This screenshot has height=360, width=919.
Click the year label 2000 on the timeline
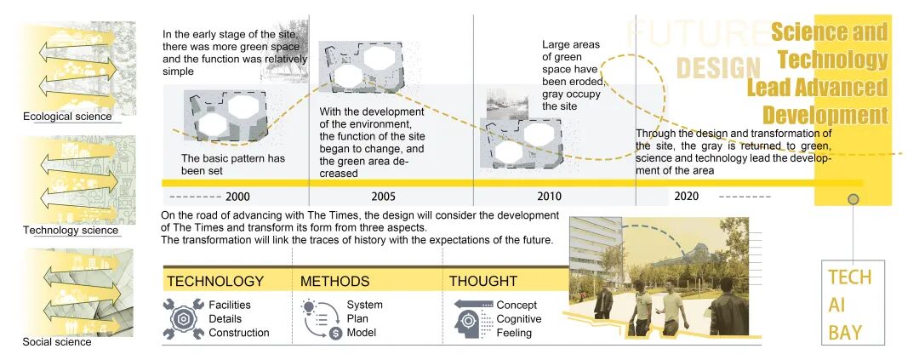[x=237, y=197]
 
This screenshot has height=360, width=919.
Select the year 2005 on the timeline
[x=383, y=197]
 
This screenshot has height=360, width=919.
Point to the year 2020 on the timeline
[x=686, y=197]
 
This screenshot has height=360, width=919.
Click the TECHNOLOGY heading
[x=215, y=281]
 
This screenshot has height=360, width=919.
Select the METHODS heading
[x=334, y=281]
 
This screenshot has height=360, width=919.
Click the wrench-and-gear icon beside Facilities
[x=184, y=318]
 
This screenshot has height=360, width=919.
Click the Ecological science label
[x=67, y=117]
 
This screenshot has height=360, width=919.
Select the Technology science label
[x=71, y=231]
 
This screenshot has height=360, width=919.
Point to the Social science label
[x=57, y=342]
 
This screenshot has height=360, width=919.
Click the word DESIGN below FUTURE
[x=718, y=67]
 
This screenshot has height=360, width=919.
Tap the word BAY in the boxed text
[x=845, y=332]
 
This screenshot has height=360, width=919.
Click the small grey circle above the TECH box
[x=853, y=199]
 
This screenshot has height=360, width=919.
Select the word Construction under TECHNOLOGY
[x=238, y=333]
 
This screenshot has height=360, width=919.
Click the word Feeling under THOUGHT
[x=514, y=333]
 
